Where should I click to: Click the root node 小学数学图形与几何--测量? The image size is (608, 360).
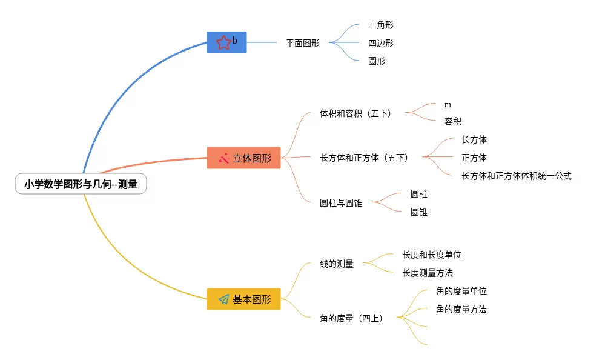click(x=81, y=185)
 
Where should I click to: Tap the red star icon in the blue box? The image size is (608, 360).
click(x=223, y=42)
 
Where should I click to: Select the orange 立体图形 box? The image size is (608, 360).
click(x=243, y=158)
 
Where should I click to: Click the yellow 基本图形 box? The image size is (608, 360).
click(x=243, y=299)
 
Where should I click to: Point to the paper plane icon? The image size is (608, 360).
click(x=223, y=299)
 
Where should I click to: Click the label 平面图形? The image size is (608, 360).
click(x=303, y=43)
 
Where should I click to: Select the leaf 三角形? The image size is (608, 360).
click(x=381, y=25)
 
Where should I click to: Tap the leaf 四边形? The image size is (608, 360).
click(x=381, y=43)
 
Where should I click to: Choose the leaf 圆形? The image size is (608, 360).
click(x=377, y=61)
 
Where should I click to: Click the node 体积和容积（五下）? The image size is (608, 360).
click(x=355, y=113)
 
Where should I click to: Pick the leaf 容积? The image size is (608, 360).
click(x=453, y=121)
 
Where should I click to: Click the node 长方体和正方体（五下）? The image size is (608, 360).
click(x=364, y=158)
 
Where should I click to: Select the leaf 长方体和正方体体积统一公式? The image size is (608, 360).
click(x=517, y=176)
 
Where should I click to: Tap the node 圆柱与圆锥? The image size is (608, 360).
click(x=340, y=203)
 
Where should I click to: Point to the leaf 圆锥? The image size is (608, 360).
click(x=419, y=212)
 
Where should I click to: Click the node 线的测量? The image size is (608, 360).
click(x=337, y=264)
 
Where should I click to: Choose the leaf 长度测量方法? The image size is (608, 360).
click(x=428, y=273)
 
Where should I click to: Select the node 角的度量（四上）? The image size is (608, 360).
click(x=351, y=318)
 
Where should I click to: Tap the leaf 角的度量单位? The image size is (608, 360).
click(x=461, y=291)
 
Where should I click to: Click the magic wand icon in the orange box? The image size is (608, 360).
click(x=223, y=158)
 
